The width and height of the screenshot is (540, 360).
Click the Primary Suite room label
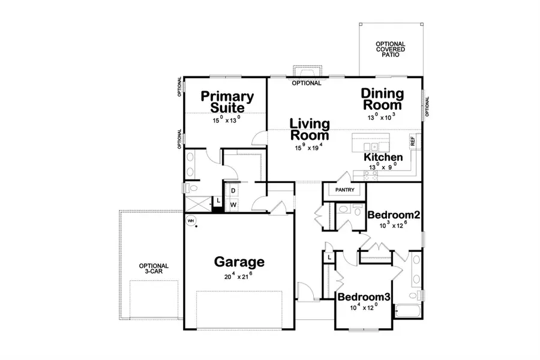click(226, 101)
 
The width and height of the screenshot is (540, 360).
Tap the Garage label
click(239, 262)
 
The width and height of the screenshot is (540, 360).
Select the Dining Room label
click(382, 99)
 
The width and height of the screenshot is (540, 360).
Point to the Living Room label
click(310, 130)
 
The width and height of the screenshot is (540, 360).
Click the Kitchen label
click(383, 157)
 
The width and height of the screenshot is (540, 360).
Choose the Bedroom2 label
click(393, 215)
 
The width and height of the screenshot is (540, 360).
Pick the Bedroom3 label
click(364, 297)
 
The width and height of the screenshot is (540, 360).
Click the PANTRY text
click(345, 191)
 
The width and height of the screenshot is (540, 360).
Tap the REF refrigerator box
click(413, 142)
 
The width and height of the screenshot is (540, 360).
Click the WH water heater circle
click(191, 220)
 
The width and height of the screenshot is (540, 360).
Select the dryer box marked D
click(233, 190)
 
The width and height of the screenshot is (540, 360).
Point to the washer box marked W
click(233, 204)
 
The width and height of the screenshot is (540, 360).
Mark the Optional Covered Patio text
click(390, 52)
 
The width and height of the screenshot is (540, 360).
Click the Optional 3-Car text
click(154, 269)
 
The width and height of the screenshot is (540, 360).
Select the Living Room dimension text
click(310, 148)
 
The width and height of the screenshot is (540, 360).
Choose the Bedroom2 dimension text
click(393, 226)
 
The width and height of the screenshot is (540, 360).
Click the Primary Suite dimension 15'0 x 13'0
click(226, 120)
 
